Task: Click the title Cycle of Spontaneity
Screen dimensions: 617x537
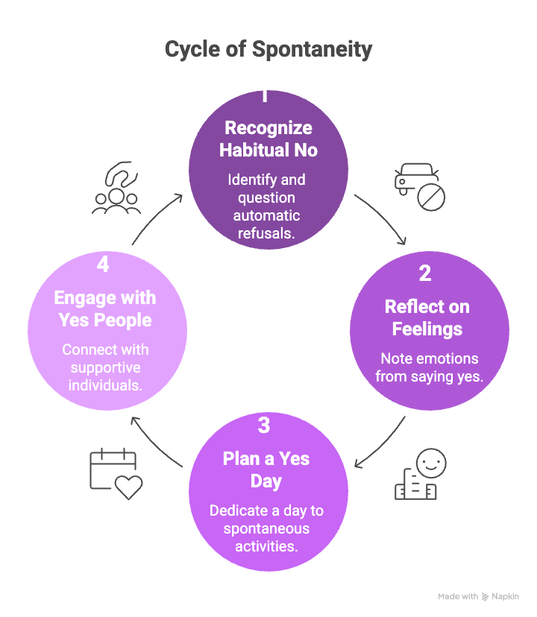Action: click(x=268, y=50)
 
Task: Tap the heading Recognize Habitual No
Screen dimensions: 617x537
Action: click(x=268, y=139)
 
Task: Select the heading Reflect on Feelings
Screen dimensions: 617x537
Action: click(x=427, y=317)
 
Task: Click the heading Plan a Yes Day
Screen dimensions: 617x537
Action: click(x=266, y=469)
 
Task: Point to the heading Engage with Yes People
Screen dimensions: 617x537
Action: click(x=105, y=309)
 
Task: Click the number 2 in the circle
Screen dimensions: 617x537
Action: click(x=425, y=273)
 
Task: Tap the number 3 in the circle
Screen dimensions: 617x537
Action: click(x=264, y=425)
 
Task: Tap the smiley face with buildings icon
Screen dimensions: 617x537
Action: click(x=417, y=475)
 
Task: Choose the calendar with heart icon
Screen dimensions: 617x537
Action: click(x=115, y=473)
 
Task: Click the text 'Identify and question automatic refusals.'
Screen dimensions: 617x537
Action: click(x=268, y=206)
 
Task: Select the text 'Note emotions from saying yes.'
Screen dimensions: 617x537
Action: click(x=429, y=367)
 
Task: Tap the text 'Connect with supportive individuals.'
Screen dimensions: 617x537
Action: click(x=105, y=367)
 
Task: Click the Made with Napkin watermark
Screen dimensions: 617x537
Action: click(x=478, y=596)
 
